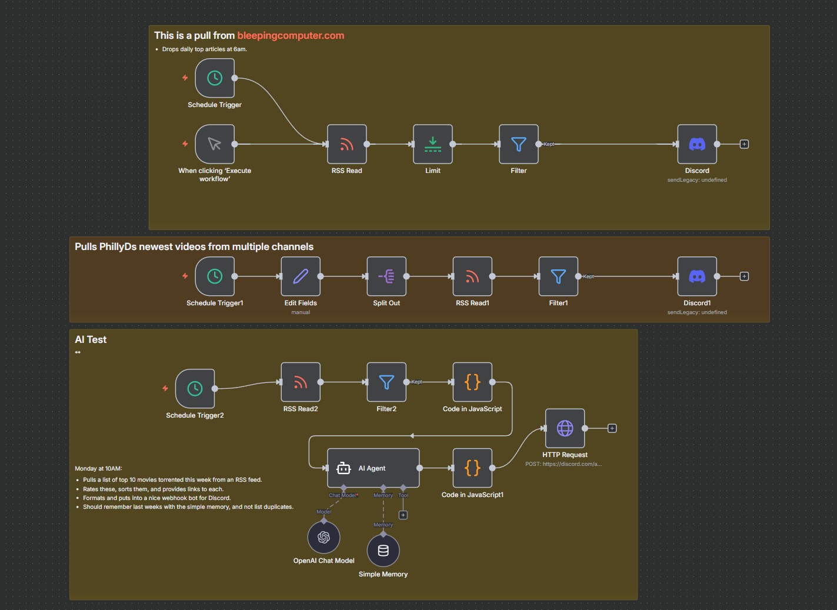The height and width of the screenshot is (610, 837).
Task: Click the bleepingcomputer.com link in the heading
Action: pyautogui.click(x=291, y=35)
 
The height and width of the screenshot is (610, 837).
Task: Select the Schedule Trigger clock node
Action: pyautogui.click(x=215, y=78)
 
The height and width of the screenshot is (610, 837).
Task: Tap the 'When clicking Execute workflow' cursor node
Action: pyautogui.click(x=215, y=144)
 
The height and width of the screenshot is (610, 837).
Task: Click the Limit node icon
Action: pyautogui.click(x=433, y=144)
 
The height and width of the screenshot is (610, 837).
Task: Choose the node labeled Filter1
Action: pyautogui.click(x=558, y=276)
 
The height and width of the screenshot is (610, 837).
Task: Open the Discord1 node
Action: pyautogui.click(x=697, y=276)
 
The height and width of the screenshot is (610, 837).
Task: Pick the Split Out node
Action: pyautogui.click(x=386, y=276)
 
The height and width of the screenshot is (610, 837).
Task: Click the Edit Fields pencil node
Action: pyautogui.click(x=301, y=276)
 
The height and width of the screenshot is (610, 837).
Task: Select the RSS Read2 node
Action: pyautogui.click(x=301, y=382)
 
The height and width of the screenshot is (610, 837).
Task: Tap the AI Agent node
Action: pyautogui.click(x=373, y=468)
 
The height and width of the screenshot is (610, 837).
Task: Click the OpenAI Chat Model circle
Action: pyautogui.click(x=324, y=537)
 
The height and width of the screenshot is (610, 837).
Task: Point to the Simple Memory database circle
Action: pyautogui.click(x=383, y=551)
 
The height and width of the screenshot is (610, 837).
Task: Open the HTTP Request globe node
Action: pyautogui.click(x=565, y=428)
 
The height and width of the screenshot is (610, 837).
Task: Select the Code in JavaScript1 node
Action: pyautogui.click(x=472, y=468)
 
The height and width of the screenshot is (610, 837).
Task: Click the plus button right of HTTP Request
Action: pyautogui.click(x=612, y=428)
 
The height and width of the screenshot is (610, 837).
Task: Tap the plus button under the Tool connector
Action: pyautogui.click(x=403, y=515)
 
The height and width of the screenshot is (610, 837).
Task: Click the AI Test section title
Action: pyautogui.click(x=91, y=339)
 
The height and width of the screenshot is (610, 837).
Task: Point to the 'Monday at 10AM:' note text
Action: pyautogui.click(x=98, y=469)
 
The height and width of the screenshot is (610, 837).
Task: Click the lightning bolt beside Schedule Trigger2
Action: pyautogui.click(x=165, y=388)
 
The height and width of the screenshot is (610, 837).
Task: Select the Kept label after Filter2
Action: pyautogui.click(x=416, y=382)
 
